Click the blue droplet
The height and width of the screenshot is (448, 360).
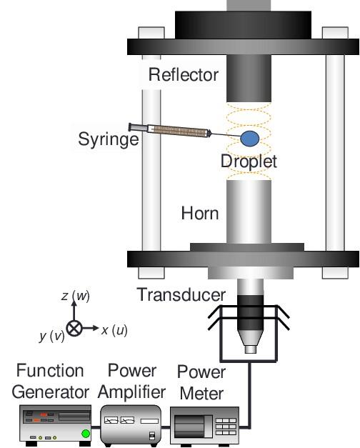click(x=250, y=139)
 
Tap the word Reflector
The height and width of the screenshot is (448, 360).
click(x=184, y=75)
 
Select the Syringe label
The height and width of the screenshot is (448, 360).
click(x=109, y=140)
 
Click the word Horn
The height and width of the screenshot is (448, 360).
click(x=200, y=214)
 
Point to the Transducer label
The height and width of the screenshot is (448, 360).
click(x=181, y=294)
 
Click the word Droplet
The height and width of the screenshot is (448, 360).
click(x=249, y=161)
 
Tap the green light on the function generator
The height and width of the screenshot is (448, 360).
click(x=86, y=434)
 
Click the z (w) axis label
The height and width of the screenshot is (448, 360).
click(x=76, y=296)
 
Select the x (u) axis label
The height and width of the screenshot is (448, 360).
click(x=114, y=330)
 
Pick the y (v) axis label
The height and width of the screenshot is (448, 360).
click(x=52, y=336)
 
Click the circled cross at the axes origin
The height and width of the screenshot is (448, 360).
click(x=74, y=328)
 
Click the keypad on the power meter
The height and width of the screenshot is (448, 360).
click(x=226, y=427)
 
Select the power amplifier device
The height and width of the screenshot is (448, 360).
click(x=131, y=424)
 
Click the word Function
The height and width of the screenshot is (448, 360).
click(x=50, y=371)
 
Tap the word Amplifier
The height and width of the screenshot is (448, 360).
click(x=131, y=392)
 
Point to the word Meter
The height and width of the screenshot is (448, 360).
click(x=201, y=394)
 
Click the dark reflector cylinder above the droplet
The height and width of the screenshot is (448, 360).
click(x=249, y=79)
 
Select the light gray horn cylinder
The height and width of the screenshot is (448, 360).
click(x=249, y=211)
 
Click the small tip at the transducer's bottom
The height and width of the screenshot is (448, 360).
click(x=251, y=349)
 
